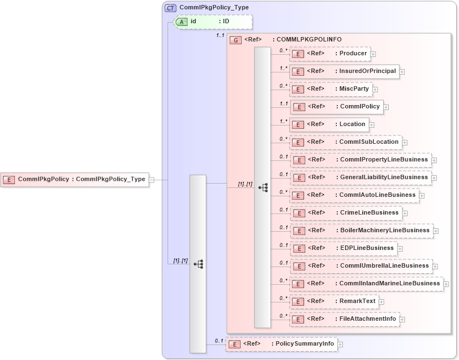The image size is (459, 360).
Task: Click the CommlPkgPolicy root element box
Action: (76, 179)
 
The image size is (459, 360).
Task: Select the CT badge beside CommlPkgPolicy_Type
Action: (170, 8)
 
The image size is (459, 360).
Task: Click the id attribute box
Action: (213, 22)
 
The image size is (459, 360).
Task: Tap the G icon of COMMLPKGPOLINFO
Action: (236, 40)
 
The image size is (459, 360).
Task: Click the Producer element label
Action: (353, 54)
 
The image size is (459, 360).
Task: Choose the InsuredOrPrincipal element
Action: (344, 71)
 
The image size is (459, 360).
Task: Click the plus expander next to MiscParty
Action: (375, 89)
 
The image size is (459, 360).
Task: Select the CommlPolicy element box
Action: (337, 107)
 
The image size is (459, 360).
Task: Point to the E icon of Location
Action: (298, 124)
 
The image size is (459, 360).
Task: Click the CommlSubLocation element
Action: (346, 142)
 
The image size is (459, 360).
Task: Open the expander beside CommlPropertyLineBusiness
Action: (434, 160)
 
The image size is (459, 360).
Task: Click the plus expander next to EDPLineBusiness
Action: (400, 249)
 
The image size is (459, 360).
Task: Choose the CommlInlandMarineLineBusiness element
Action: (366, 284)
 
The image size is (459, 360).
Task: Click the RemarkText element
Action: (334, 301)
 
